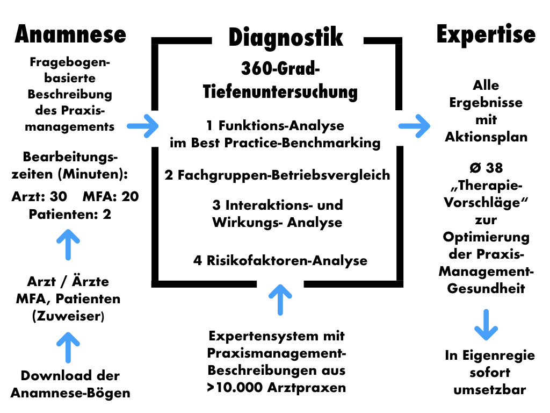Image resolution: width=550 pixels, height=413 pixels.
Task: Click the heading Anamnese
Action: click(70, 34)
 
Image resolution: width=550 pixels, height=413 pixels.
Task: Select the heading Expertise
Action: click(486, 34)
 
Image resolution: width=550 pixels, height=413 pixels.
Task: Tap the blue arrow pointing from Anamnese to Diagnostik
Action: click(143, 126)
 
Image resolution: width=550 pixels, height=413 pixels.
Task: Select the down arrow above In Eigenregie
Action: click(486, 324)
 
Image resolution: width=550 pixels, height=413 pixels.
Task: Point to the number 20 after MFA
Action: click(129, 197)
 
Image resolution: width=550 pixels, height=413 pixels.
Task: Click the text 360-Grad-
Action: click(280, 69)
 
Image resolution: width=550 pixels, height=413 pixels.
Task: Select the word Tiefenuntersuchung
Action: click(280, 91)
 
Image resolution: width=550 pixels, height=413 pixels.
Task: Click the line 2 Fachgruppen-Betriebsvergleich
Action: click(277, 175)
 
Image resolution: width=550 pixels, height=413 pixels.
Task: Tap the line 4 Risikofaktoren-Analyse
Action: click(280, 261)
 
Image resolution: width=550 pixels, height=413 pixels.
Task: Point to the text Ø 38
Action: click(486, 168)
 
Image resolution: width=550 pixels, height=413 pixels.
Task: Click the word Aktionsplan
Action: click(486, 137)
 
